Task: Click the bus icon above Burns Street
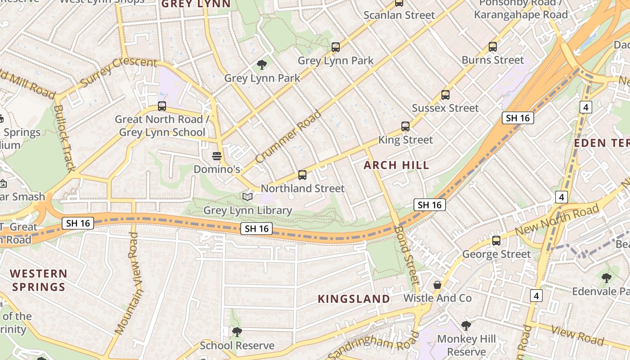pyautogui.click(x=493, y=47)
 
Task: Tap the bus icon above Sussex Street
pyautogui.click(x=445, y=95)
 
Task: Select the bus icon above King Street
pyautogui.click(x=405, y=126)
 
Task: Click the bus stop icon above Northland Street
pyautogui.click(x=302, y=175)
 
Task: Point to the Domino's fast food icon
pyautogui.click(x=217, y=156)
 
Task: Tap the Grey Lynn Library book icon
pyautogui.click(x=247, y=197)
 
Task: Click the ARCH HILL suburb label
pyautogui.click(x=396, y=165)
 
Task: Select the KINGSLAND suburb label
pyautogui.click(x=354, y=299)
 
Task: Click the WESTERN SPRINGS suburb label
pyautogui.click(x=39, y=280)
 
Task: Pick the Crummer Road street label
pyautogui.click(x=288, y=137)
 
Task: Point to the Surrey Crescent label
pyautogui.click(x=118, y=72)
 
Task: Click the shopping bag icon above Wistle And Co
pyautogui.click(x=437, y=285)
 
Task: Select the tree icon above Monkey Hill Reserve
pyautogui.click(x=466, y=325)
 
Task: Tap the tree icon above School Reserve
pyautogui.click(x=237, y=332)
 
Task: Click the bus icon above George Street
pyautogui.click(x=496, y=241)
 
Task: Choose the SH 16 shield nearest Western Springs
pyautogui.click(x=78, y=223)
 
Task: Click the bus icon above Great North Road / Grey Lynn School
pyautogui.click(x=162, y=107)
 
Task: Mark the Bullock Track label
pyautogui.click(x=64, y=138)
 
